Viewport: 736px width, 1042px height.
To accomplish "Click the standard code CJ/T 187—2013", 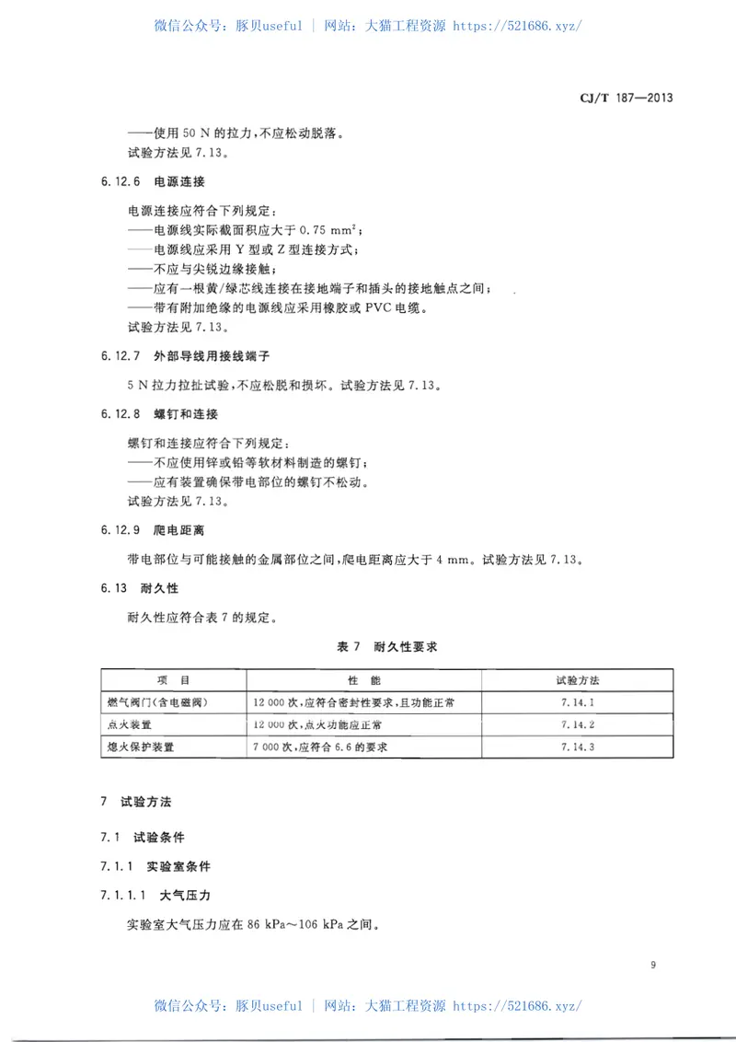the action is pyautogui.click(x=627, y=97).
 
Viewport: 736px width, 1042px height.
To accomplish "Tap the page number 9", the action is pyautogui.click(x=652, y=965).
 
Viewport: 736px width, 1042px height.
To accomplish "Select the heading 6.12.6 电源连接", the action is pyautogui.click(x=151, y=182).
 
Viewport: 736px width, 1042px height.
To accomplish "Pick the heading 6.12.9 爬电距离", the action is pyautogui.click(x=151, y=529).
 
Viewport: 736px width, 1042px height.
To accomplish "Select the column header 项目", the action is pyautogui.click(x=173, y=681).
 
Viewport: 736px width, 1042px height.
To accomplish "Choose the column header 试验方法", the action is pyautogui.click(x=577, y=681).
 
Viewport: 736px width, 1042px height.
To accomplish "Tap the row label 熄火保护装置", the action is pyautogui.click(x=142, y=747).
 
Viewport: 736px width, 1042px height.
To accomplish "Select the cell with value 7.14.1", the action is pyautogui.click(x=577, y=703).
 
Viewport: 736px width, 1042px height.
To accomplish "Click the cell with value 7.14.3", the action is pyautogui.click(x=577, y=747).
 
